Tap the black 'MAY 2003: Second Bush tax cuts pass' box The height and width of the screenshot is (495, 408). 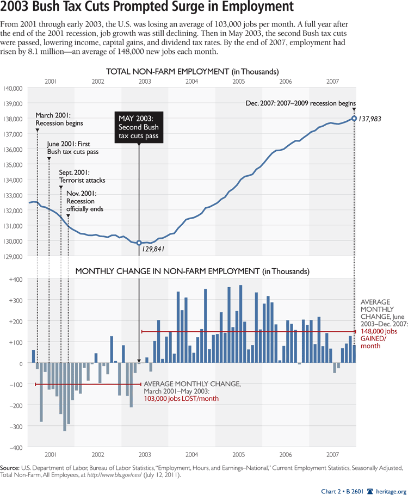(x=139, y=127)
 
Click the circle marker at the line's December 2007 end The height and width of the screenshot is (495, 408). (x=354, y=118)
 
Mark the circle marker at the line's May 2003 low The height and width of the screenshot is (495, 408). (x=139, y=243)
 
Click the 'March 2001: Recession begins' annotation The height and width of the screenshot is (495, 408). (x=57, y=119)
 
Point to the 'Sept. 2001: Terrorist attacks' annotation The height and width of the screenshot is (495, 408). (x=82, y=176)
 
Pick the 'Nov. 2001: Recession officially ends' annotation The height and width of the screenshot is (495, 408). (x=85, y=201)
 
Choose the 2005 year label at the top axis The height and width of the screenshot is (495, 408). (x=239, y=81)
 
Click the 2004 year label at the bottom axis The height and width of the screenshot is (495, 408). (x=191, y=454)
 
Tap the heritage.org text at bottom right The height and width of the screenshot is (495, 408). (x=391, y=490)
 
